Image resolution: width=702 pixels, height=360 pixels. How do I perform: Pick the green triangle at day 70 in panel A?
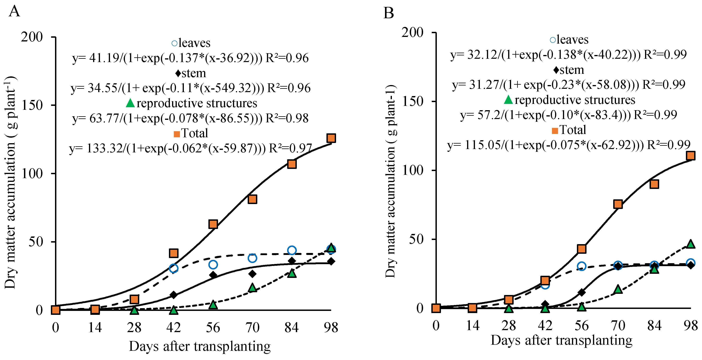[x=252, y=288]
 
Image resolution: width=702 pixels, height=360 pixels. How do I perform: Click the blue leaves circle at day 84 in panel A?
[x=292, y=250]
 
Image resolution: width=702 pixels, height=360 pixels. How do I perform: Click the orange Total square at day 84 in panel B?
[x=654, y=184]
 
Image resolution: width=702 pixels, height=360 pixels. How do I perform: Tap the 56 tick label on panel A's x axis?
[x=213, y=327]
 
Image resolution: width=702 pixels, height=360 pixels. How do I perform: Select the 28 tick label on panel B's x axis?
[x=509, y=325]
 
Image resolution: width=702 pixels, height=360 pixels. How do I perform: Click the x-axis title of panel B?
[x=561, y=340]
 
